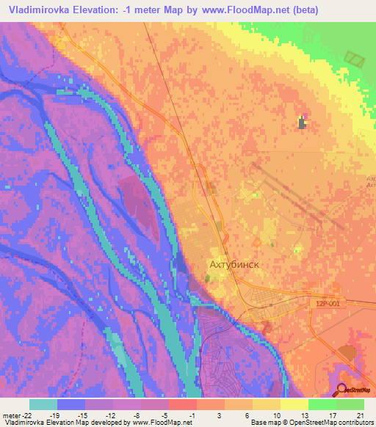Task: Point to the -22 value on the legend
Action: [23, 415]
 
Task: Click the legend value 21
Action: [359, 415]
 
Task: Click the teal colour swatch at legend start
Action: [43, 404]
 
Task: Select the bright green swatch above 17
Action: [322, 404]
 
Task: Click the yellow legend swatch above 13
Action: [294, 404]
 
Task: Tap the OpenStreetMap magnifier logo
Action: [342, 389]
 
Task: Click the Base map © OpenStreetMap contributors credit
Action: [311, 423]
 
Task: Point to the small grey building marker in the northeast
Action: [302, 123]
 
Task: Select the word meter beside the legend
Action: [10, 415]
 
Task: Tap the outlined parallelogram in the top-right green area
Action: [355, 59]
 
